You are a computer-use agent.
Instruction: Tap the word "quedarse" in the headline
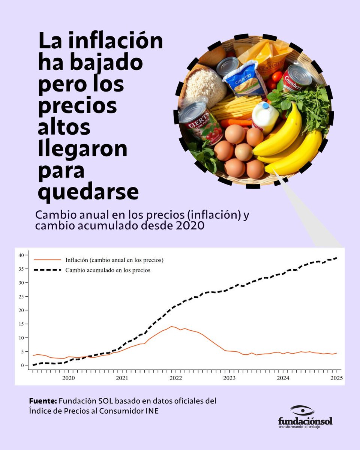[88, 193]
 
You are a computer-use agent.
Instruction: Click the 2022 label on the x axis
[175, 378]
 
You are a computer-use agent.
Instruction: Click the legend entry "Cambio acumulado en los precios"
[108, 270]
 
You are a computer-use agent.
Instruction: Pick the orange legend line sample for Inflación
[47, 259]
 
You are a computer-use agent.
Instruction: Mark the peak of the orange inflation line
[172, 327]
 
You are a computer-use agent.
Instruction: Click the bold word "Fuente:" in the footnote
[43, 401]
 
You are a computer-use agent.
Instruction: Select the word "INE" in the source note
[152, 411]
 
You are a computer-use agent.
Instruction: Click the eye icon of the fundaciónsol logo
[302, 410]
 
